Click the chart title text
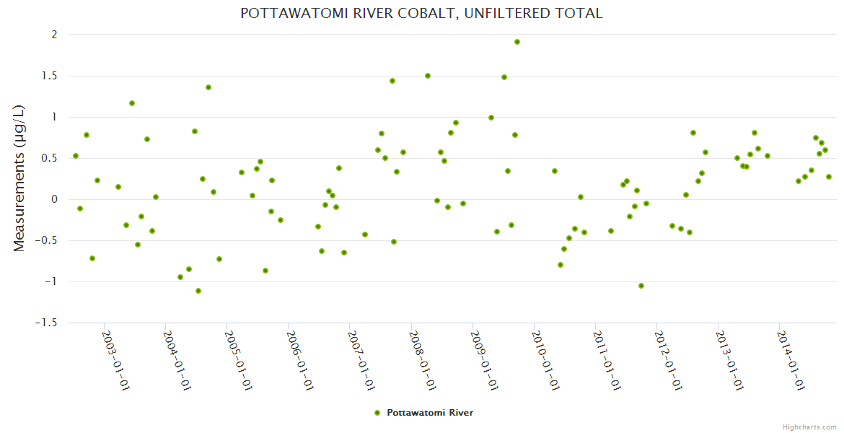[421, 14]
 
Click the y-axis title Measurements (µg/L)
[19, 178]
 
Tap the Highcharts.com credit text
[809, 427]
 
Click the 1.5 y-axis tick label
[48, 76]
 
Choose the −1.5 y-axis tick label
[45, 323]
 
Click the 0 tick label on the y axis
[53, 199]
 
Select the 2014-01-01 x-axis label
[791, 360]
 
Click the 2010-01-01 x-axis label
[545, 360]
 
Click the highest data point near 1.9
[517, 42]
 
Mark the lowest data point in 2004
[198, 291]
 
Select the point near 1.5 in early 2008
[428, 76]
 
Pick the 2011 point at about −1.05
[641, 286]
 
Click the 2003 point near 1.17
[132, 103]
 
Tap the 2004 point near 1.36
[208, 87]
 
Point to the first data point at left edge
[76, 156]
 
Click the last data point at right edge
[829, 177]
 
